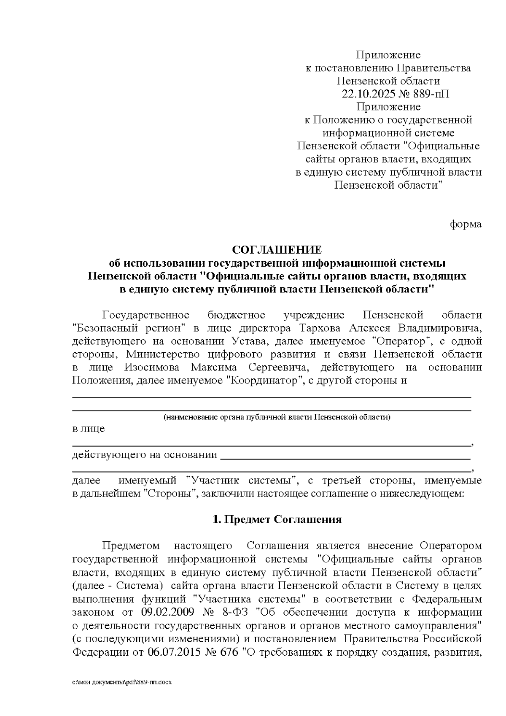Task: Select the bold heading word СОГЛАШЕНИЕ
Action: pos(277,250)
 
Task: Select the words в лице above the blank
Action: pos(88,429)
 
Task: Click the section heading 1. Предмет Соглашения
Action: pos(277,519)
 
